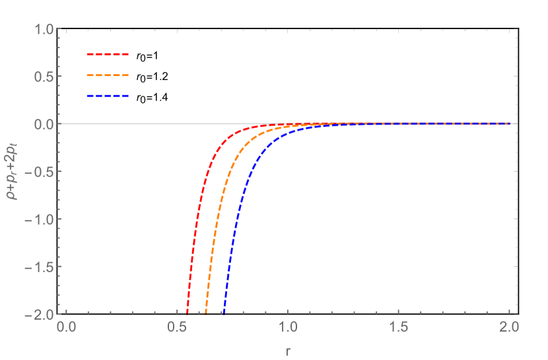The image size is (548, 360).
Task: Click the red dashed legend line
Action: click(108, 54)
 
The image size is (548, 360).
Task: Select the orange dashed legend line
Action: click(108, 75)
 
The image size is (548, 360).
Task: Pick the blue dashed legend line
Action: click(108, 96)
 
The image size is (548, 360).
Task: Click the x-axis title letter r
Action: click(288, 351)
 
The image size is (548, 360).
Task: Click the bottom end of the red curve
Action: click(187, 313)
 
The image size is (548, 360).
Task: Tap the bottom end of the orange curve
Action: click(206, 313)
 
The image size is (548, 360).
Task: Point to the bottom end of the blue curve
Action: click(224, 313)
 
